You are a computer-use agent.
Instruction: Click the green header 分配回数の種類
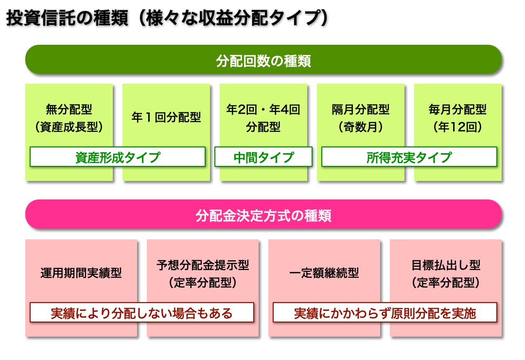click(x=263, y=61)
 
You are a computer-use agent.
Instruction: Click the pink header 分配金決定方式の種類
click(x=263, y=216)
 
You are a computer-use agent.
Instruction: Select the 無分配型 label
click(x=69, y=109)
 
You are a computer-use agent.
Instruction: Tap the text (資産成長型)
click(x=69, y=127)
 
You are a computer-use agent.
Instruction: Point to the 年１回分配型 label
click(x=166, y=118)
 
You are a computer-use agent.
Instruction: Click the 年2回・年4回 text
click(x=263, y=109)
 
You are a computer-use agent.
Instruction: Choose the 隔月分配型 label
click(x=361, y=109)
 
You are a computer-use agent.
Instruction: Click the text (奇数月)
click(x=361, y=127)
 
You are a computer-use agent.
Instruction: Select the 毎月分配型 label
click(x=457, y=109)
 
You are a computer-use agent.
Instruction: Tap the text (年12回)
click(x=457, y=127)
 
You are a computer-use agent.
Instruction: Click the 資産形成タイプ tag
click(x=118, y=157)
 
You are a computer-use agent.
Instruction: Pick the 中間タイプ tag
click(x=263, y=157)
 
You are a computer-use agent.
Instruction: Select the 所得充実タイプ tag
click(x=409, y=157)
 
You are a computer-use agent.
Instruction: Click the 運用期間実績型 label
click(x=81, y=273)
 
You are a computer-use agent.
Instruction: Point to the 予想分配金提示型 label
click(x=203, y=265)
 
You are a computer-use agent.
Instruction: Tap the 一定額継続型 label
click(x=324, y=273)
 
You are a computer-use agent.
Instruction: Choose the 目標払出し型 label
click(x=446, y=265)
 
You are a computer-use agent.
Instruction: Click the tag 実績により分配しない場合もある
click(x=142, y=313)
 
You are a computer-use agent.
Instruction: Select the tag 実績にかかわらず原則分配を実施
click(x=385, y=313)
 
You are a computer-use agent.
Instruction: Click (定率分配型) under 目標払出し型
click(x=446, y=283)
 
